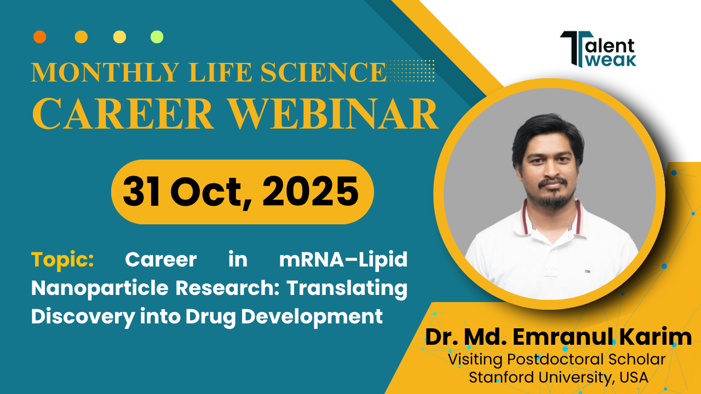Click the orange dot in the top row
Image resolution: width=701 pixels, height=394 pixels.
coord(40,37)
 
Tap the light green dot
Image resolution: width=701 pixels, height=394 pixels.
coord(157,37)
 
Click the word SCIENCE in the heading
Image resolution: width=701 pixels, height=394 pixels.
coord(323,73)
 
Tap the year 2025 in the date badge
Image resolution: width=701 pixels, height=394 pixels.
coord(311,192)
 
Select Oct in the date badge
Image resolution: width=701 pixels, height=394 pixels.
coord(206,192)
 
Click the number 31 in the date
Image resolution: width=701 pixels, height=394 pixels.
coord(141,192)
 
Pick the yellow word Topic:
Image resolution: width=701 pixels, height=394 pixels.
coord(62,260)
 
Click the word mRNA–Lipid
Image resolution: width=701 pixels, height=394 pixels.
coord(343,260)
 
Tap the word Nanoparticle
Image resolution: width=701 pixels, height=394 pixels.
coord(100,288)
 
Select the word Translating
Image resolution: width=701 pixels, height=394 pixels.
coord(347,289)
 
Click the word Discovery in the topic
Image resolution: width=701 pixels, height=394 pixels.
coord(83,317)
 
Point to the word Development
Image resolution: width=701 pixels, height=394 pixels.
coord(312,317)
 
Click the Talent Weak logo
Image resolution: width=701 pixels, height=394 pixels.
coord(598,49)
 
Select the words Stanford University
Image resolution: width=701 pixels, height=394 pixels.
coord(540,378)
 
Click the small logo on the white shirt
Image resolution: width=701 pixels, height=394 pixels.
coord(588,271)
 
